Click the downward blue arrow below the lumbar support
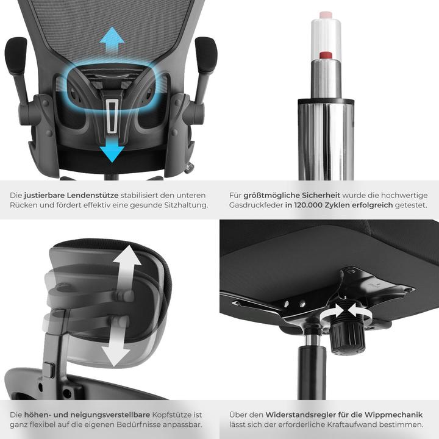point(111,146)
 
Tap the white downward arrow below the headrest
point(115,348)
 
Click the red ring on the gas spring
point(326,55)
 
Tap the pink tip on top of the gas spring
point(326,14)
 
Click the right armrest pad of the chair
point(206,55)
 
